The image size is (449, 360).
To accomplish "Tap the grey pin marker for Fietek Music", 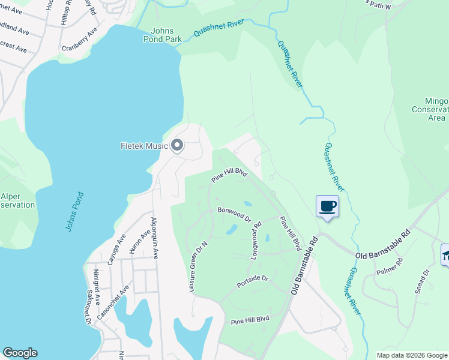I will pyautogui.click(x=177, y=146).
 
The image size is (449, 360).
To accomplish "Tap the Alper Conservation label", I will pyautogui.click(x=17, y=200).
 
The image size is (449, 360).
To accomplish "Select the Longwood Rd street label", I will pyautogui.click(x=256, y=241).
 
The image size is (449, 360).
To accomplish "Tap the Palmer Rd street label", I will pyautogui.click(x=392, y=266).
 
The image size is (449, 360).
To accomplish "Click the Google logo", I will pyautogui.click(x=20, y=353).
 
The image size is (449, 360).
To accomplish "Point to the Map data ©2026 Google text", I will pyautogui.click(x=411, y=355).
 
